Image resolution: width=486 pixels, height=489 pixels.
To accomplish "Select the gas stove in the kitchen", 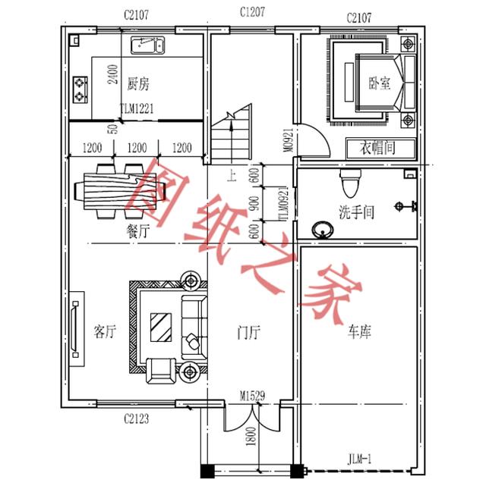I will point(81,90).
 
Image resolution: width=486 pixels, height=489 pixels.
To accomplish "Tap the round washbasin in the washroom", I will point(321,228).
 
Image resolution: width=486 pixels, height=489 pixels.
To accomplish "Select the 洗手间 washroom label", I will point(357,212).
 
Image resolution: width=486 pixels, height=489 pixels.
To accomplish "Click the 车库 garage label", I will point(360,331).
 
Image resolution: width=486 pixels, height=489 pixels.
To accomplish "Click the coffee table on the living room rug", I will point(161,328).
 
